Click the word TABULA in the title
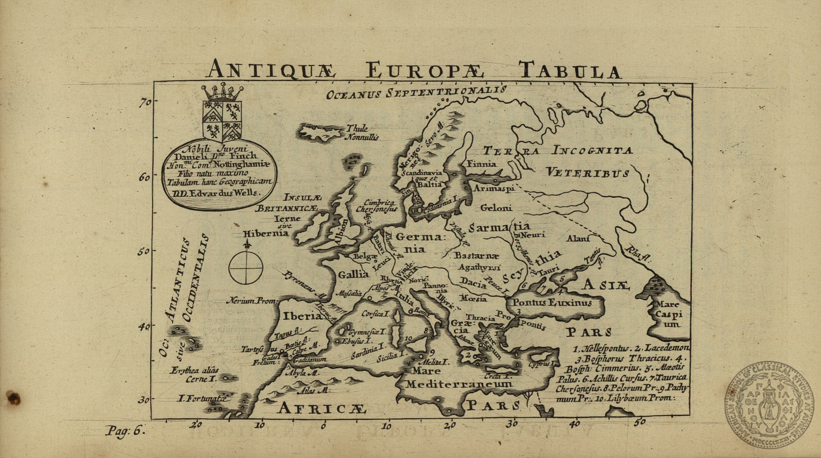[x=569, y=70]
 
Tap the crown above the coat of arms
[x=222, y=92]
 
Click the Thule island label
[x=357, y=128]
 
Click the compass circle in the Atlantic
[x=246, y=268]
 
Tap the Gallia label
[x=353, y=274]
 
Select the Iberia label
[x=302, y=316]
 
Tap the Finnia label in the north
[x=481, y=164]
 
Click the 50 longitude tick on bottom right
[x=639, y=422]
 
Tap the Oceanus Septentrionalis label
[x=416, y=92]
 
